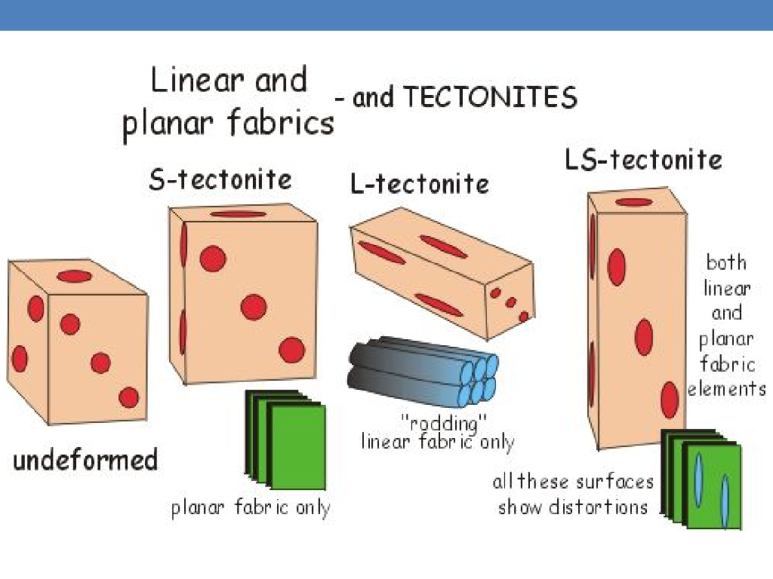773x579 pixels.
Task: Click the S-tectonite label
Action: tap(220, 179)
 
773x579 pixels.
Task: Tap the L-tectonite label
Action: tap(419, 183)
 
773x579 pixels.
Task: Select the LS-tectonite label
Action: tap(643, 160)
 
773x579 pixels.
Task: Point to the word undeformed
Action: tap(85, 460)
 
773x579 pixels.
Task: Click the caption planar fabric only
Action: tap(251, 507)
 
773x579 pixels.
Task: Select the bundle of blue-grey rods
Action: tap(423, 372)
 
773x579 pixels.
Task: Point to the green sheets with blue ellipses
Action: tap(703, 478)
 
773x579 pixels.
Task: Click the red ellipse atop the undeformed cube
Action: tap(74, 276)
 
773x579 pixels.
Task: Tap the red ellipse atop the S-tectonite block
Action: tap(238, 214)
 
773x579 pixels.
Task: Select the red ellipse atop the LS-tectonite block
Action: tap(633, 202)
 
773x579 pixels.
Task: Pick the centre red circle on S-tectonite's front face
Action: tap(254, 307)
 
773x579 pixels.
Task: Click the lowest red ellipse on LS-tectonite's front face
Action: tap(670, 400)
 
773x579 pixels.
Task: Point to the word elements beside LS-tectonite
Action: tap(726, 390)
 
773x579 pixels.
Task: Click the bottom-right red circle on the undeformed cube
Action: tap(129, 397)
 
